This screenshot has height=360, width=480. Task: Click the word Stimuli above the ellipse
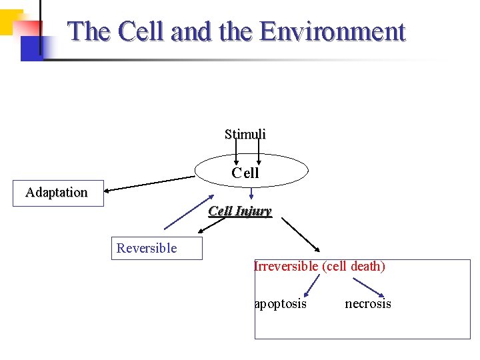(245, 134)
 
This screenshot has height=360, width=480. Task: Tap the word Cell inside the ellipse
(245, 173)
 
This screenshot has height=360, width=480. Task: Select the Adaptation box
(58, 193)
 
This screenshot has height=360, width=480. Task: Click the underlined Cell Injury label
(240, 211)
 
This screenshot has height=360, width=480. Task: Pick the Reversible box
(155, 248)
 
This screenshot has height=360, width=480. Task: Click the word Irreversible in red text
(286, 266)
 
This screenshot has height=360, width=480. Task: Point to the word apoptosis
(281, 304)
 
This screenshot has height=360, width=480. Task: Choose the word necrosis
(368, 304)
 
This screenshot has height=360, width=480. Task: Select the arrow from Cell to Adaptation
(150, 183)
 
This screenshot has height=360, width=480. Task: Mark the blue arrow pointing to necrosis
(369, 287)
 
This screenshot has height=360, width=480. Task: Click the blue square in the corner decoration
(31, 48)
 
